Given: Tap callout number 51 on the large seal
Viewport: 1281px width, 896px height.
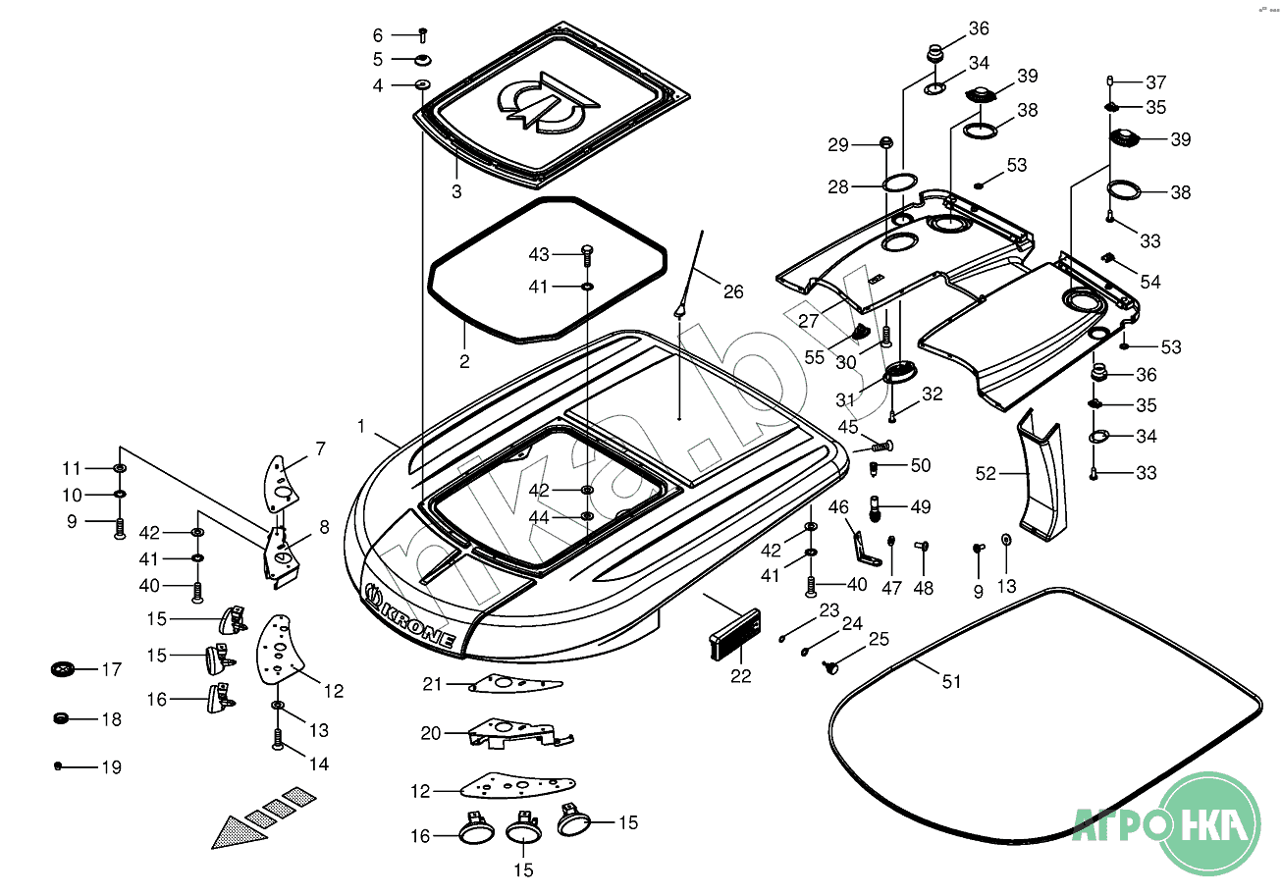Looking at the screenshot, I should (951, 681).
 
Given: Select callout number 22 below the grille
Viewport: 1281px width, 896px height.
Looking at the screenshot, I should (740, 675).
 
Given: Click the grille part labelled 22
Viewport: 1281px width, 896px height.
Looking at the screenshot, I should (734, 636).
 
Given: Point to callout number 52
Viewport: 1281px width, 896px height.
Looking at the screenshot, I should (986, 474).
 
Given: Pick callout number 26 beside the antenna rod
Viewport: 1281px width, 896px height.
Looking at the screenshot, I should (733, 291).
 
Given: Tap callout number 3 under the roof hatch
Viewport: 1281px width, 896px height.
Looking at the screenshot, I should (456, 191).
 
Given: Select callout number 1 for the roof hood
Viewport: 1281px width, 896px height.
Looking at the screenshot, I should (361, 427).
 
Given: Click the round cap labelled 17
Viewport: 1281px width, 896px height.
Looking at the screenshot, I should (63, 669).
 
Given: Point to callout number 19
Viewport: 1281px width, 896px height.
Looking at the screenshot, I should (112, 767).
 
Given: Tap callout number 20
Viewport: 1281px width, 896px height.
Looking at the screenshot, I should (431, 733).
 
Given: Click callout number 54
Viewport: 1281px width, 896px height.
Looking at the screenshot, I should (1149, 282).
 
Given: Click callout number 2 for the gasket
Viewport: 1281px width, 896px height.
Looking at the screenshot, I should (464, 361).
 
